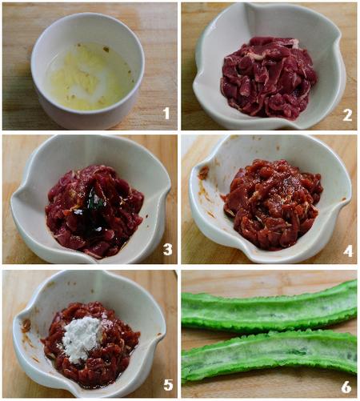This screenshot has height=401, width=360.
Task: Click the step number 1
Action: pyautogui.click(x=166, y=113)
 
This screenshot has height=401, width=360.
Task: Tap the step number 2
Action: pyautogui.click(x=347, y=115)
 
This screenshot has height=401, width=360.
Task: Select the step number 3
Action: pyautogui.click(x=167, y=250)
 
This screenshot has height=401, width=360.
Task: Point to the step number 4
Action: pyautogui.click(x=348, y=251)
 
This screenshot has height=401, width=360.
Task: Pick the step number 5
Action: pyautogui.click(x=168, y=384)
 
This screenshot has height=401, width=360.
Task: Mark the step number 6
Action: pyautogui.click(x=346, y=387)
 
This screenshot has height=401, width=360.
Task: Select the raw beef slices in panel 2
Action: pyautogui.click(x=268, y=78)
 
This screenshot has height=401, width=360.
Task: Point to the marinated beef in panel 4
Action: pyautogui.click(x=273, y=204)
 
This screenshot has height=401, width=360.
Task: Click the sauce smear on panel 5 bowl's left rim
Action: pyautogui.click(x=26, y=326)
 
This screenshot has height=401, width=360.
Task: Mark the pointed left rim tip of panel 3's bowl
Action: pyautogui.click(x=12, y=201)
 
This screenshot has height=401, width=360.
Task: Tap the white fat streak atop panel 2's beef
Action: pyautogui.click(x=294, y=43)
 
